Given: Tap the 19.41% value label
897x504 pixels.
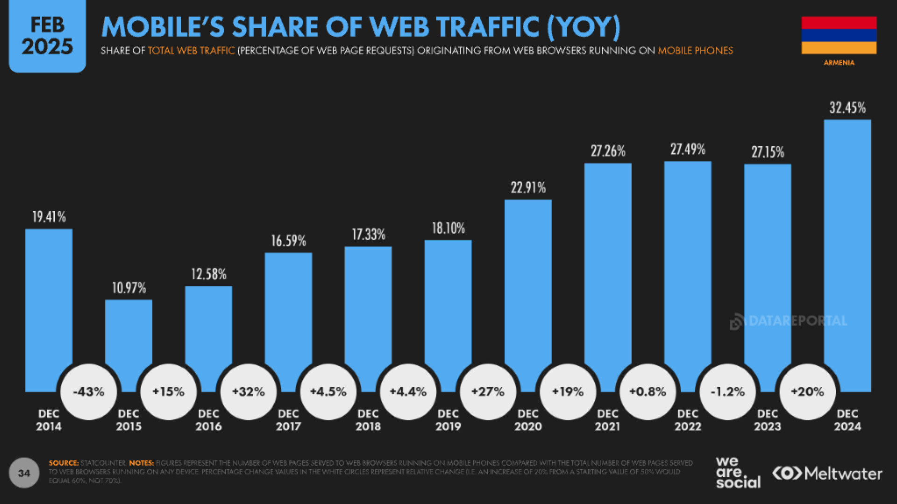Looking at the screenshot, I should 49,217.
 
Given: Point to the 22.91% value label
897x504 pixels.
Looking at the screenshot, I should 528,188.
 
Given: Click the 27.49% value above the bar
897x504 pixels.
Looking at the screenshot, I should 688,149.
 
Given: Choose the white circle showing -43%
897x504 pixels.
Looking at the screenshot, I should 89,392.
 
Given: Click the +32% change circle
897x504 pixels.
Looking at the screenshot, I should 249,392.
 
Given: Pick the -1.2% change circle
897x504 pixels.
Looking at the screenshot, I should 727,392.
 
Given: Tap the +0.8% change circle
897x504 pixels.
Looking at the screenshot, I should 648,392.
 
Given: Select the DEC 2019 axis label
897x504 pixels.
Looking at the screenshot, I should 448,420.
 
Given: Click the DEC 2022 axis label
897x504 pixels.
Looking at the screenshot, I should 688,420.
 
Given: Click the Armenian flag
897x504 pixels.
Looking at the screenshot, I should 839,35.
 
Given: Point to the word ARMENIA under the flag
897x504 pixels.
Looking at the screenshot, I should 839,63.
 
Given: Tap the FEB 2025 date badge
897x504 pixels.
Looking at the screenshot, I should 47,36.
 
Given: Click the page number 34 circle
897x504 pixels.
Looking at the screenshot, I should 24,473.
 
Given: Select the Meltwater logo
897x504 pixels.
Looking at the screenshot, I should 827,473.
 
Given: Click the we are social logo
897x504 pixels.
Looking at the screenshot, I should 738,472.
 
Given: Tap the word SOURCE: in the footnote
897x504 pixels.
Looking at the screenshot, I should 64,463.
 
